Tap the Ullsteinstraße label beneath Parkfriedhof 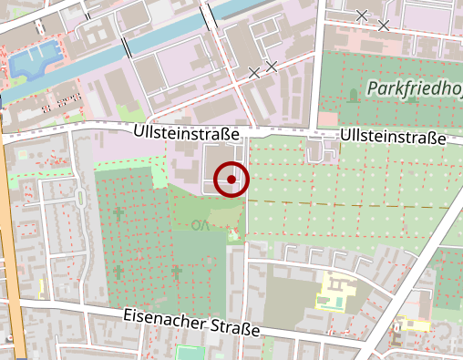click(x=393, y=137)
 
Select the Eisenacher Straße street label click(x=192, y=322)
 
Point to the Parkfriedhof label click(x=415, y=88)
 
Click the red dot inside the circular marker click(x=232, y=180)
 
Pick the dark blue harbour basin click(x=32, y=63)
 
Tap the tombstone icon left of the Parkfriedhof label click(x=353, y=93)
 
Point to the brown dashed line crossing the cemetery click(x=346, y=203)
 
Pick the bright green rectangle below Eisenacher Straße click(x=190, y=353)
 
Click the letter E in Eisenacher click(x=127, y=315)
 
